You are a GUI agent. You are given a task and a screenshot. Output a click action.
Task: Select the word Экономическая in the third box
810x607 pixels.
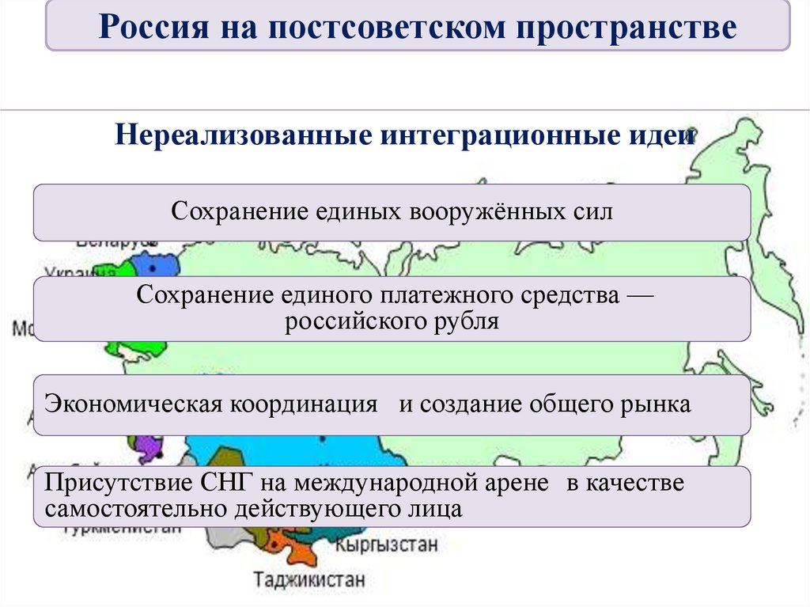point(132,404)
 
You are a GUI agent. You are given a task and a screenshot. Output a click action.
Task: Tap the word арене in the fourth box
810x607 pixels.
point(517,483)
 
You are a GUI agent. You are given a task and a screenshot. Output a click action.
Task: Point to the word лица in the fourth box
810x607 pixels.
point(437,508)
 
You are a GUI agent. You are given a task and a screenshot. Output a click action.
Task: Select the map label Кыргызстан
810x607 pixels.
point(386,544)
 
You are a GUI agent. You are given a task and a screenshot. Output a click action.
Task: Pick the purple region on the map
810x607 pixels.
point(148,449)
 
